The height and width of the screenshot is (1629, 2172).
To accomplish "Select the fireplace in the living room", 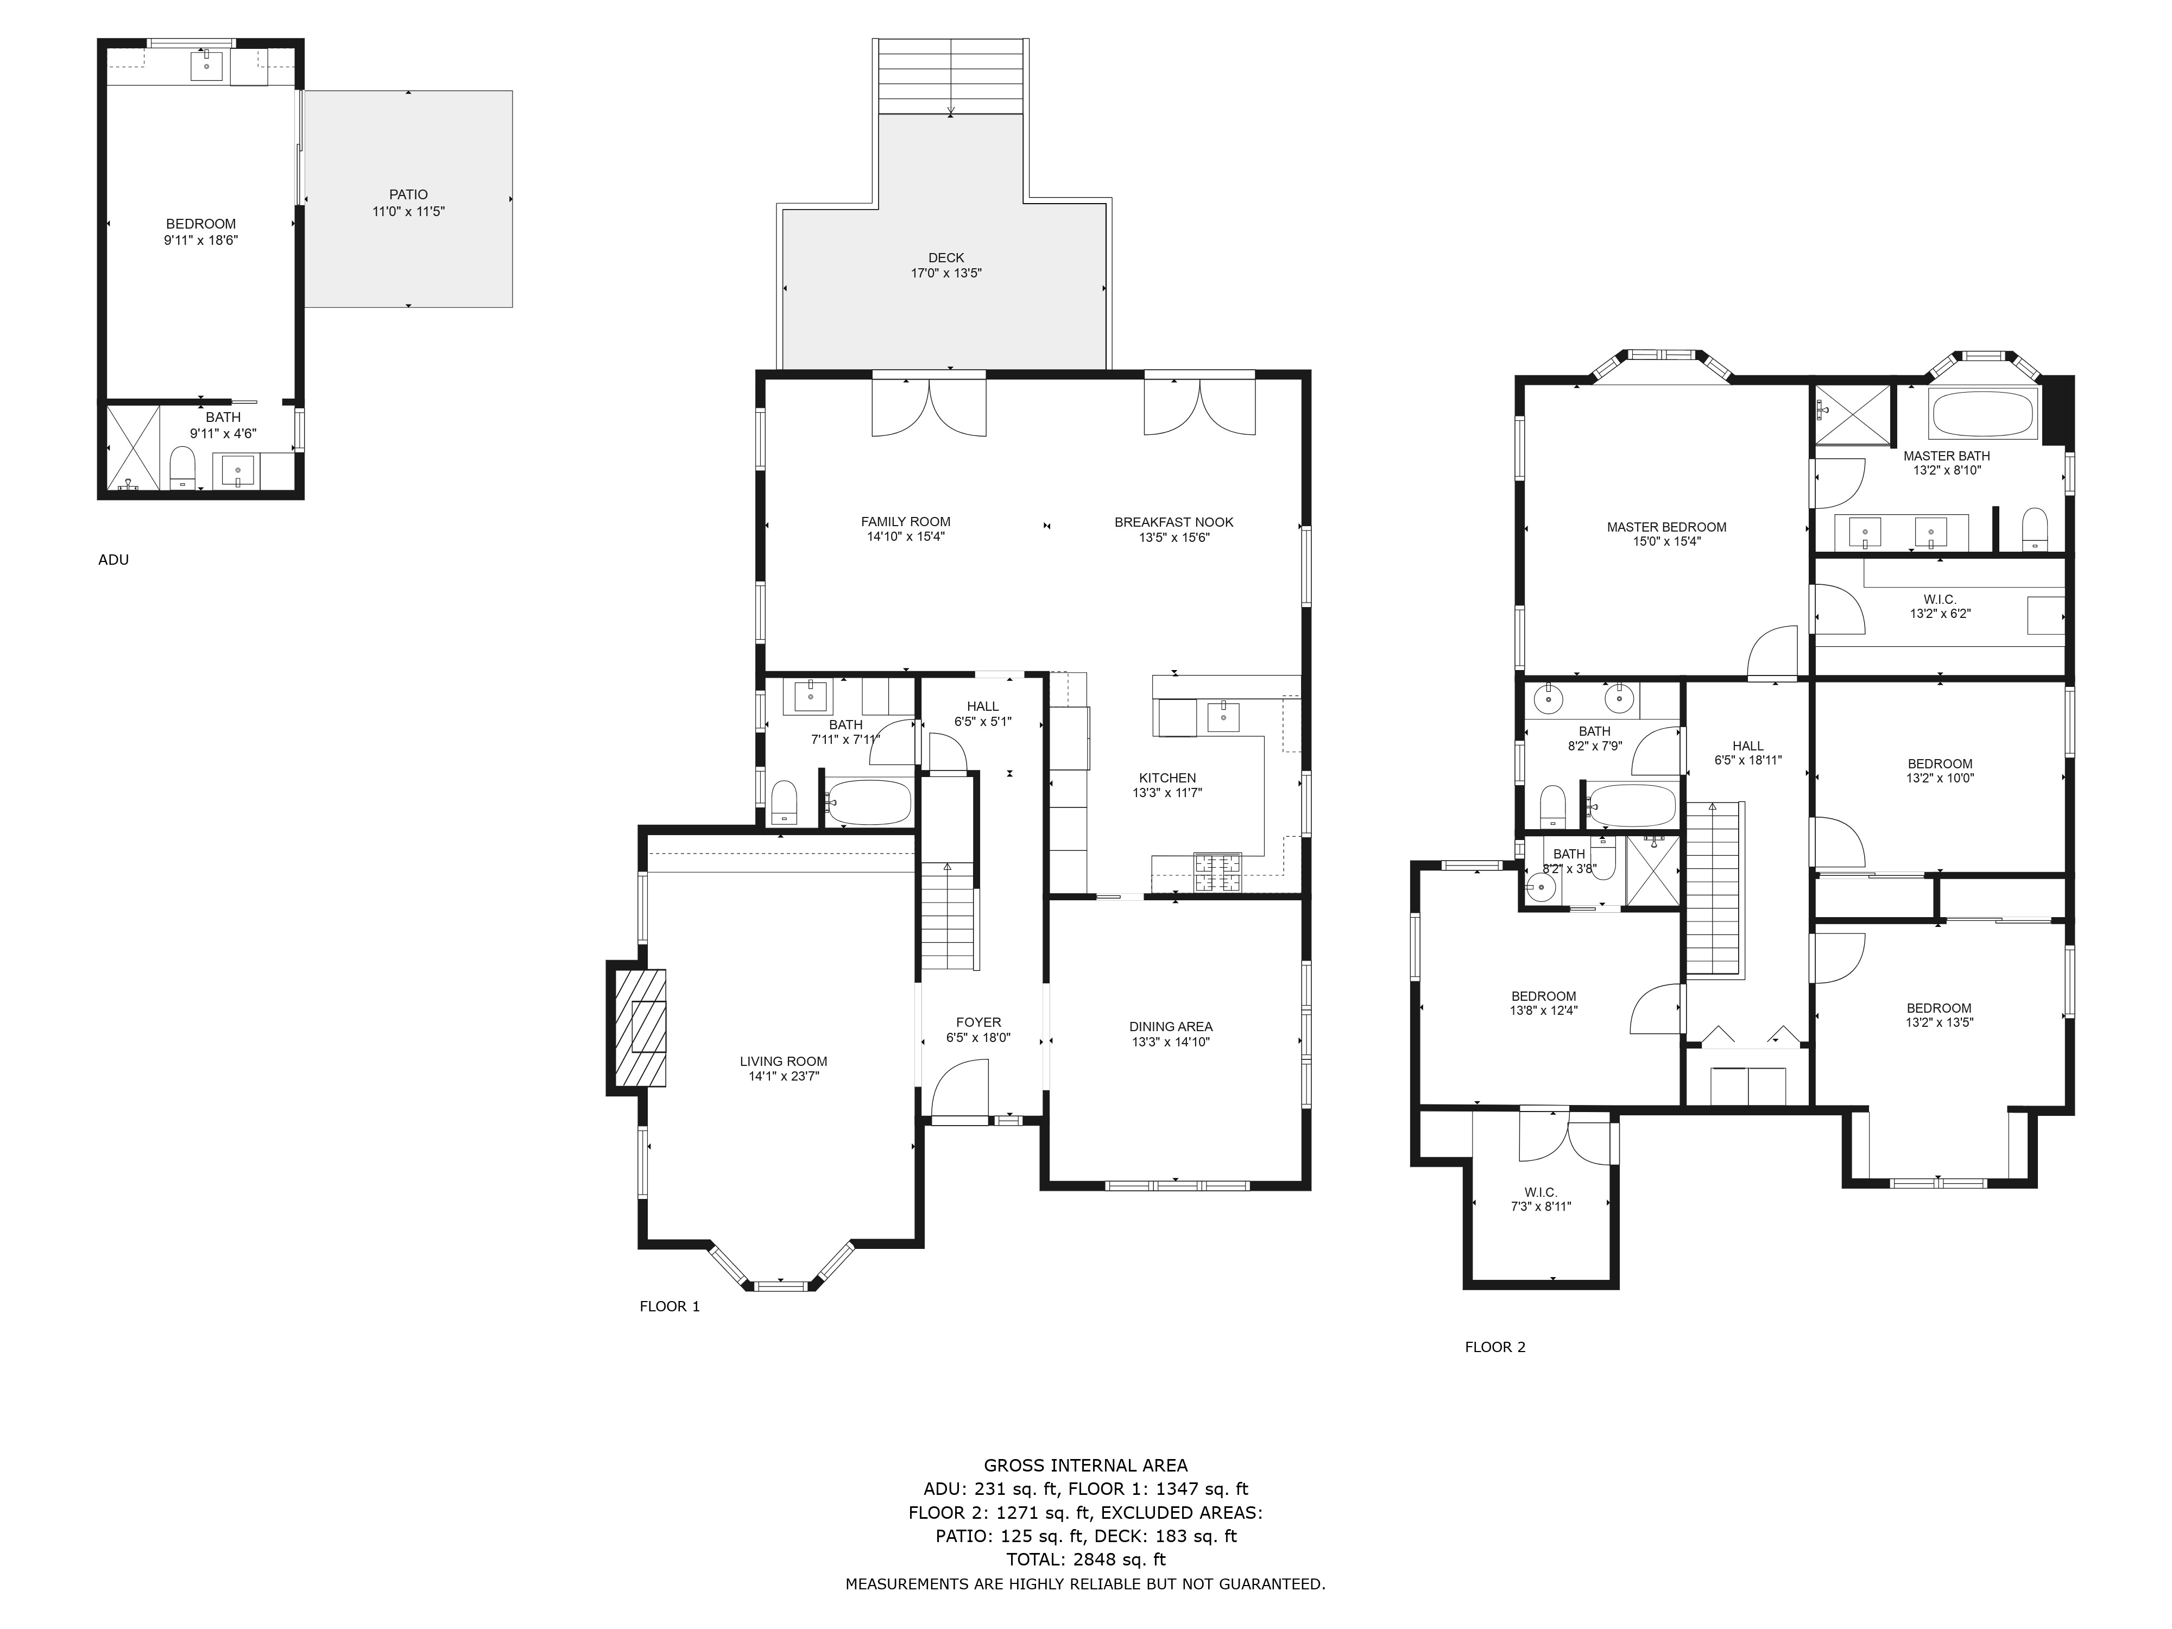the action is tap(638, 1027).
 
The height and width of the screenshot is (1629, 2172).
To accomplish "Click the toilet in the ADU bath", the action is tap(182, 468).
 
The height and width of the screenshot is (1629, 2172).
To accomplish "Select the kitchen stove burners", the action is tap(1217, 872).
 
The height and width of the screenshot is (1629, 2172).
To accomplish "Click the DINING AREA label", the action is tap(1171, 1026).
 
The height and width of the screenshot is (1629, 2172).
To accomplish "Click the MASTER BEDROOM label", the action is tap(1666, 526).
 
